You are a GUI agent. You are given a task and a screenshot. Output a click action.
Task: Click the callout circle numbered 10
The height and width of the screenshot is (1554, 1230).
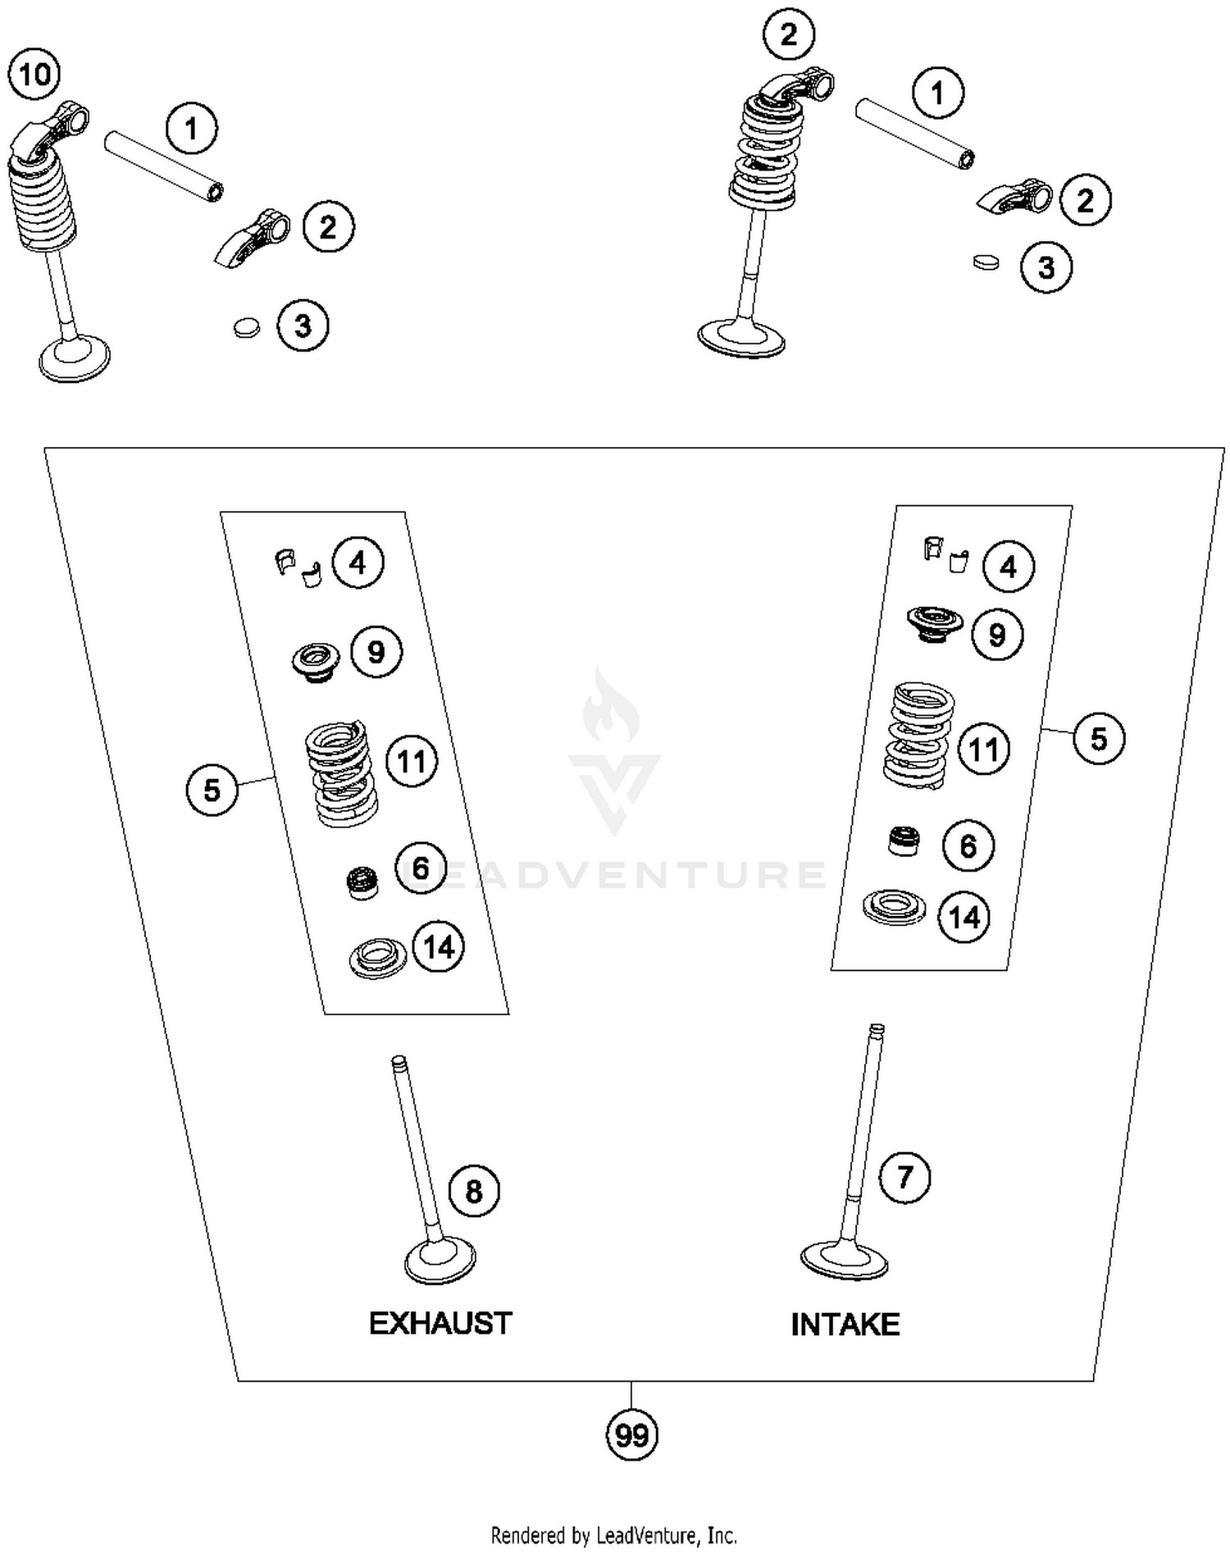pos(34,75)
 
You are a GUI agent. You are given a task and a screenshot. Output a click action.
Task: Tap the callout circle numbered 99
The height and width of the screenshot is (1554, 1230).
pos(631,1435)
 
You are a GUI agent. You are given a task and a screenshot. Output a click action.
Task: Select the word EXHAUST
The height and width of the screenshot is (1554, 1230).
pos(440,1323)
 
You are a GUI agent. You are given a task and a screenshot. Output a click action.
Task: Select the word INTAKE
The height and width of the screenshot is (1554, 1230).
pos(845,1324)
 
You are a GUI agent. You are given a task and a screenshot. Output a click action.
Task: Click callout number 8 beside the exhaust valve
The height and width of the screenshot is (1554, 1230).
pos(474,1191)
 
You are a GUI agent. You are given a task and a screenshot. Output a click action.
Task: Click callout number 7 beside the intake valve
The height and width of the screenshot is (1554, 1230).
pos(904,1178)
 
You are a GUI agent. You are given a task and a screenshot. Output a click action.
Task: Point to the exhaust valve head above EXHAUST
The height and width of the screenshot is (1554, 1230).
pos(440,1261)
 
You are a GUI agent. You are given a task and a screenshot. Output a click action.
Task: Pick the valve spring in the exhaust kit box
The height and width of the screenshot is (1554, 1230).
pos(339,772)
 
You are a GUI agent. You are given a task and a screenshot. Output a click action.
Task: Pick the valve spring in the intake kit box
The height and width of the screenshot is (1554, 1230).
pos(919,735)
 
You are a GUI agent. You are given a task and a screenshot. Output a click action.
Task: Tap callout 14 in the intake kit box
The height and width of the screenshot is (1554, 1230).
pos(964,917)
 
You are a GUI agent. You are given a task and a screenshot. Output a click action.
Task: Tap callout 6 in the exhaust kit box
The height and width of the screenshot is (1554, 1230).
pos(421,868)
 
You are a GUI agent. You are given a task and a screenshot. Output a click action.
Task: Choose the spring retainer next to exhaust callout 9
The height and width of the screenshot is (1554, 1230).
pos(316,661)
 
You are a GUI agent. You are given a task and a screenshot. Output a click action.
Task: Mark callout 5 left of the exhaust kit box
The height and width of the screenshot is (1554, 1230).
pos(212,790)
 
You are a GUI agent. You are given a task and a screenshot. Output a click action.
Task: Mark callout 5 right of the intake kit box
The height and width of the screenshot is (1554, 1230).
pos(1099,738)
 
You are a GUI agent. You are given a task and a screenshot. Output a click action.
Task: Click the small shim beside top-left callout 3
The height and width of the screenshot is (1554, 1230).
pos(245,327)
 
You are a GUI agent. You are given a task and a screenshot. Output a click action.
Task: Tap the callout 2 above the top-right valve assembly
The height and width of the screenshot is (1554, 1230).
pos(788,34)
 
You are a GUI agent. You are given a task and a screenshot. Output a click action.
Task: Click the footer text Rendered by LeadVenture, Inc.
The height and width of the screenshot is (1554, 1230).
pos(613,1534)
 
